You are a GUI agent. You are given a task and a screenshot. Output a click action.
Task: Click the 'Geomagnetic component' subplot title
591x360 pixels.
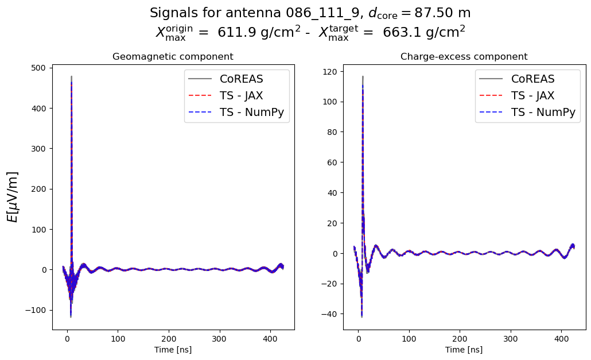pos(173,57)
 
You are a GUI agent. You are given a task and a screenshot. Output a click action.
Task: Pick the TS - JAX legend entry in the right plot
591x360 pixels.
pos(528,95)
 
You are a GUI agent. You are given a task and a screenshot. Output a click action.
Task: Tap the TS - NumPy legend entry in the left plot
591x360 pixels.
pos(237,112)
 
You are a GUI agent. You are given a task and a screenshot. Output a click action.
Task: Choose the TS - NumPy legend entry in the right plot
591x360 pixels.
pos(528,112)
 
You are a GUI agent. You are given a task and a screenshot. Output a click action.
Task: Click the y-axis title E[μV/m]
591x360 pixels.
pos(13,196)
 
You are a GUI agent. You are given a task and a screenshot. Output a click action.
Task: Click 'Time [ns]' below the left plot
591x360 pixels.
pos(173,350)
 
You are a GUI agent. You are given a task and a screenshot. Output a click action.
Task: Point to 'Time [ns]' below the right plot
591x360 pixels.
pos(464,350)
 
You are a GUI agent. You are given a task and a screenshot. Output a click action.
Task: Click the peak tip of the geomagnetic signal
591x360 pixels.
pos(71,76)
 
